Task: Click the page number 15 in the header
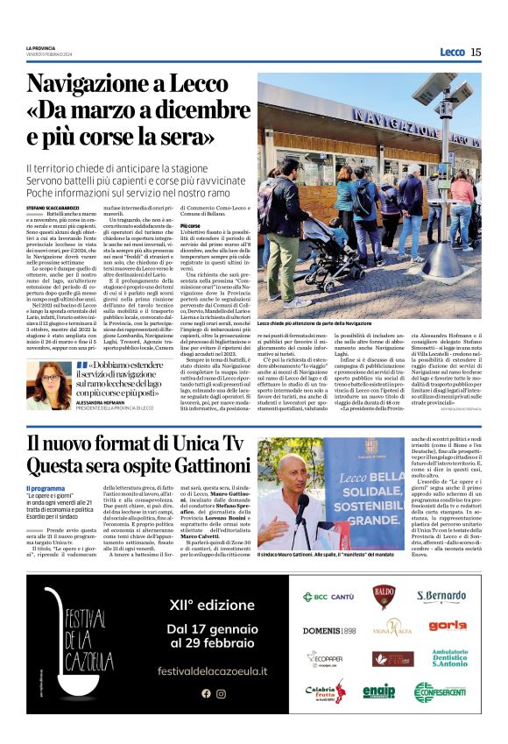476,53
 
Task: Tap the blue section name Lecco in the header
452,53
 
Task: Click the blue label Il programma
45,488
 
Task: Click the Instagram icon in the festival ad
221,693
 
